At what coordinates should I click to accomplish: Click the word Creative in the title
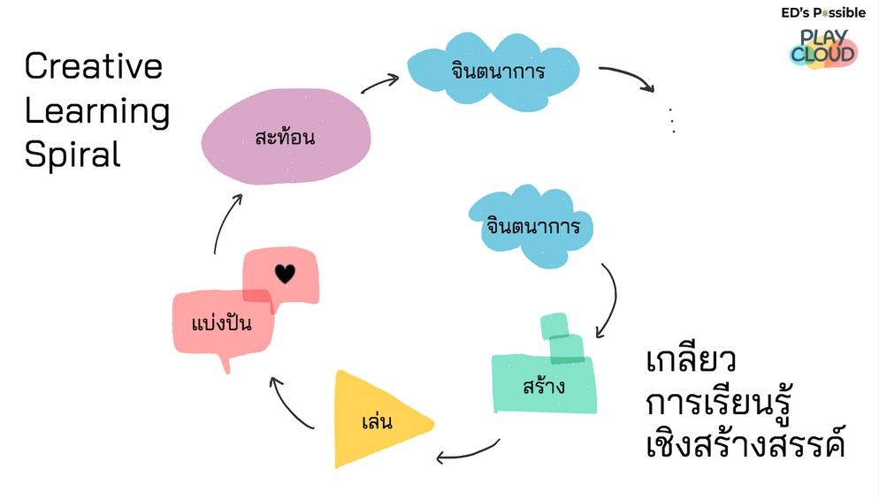[x=94, y=67]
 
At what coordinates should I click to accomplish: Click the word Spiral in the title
[x=73, y=155]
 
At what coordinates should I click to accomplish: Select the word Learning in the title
[x=96, y=111]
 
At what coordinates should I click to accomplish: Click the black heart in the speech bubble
[x=284, y=274]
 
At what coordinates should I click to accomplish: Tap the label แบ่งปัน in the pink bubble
[x=222, y=323]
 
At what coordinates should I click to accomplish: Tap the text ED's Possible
[x=822, y=12]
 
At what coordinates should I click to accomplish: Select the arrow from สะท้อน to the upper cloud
[x=380, y=83]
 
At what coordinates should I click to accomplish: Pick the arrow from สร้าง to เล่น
[x=469, y=452]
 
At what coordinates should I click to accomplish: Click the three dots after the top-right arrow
[x=673, y=120]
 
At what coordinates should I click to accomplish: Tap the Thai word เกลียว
[x=692, y=363]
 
